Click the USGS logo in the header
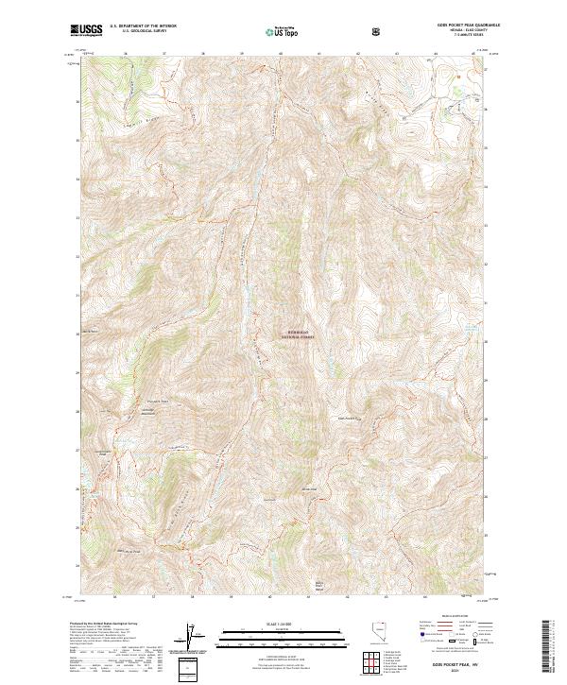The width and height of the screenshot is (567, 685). [x=86, y=30]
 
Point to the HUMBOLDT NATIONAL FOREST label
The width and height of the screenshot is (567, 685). [x=301, y=334]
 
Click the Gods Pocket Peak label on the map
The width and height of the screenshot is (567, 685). [x=347, y=416]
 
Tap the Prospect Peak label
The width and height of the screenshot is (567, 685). [x=158, y=401]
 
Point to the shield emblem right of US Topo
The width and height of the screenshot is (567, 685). [x=378, y=31]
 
